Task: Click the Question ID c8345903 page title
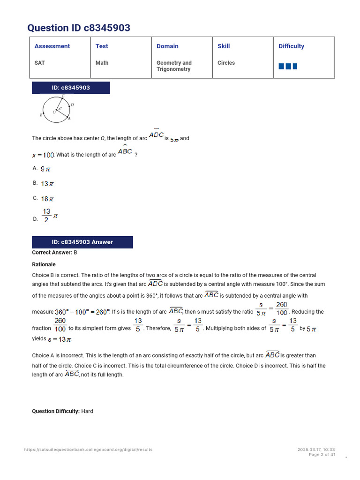(79, 28)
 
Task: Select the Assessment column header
(52, 46)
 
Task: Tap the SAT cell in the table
(40, 63)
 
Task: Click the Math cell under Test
(102, 63)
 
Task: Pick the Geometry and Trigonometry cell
(174, 66)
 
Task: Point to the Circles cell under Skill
(226, 63)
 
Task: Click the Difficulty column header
(291, 46)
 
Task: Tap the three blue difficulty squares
(288, 67)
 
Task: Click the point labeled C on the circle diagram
(63, 96)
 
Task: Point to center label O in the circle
(54, 112)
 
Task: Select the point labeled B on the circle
(41, 115)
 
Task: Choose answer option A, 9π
(45, 169)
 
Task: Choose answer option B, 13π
(47, 184)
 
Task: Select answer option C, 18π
(47, 199)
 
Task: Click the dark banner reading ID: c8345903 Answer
(82, 242)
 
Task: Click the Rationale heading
(44, 264)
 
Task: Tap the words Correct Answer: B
(54, 253)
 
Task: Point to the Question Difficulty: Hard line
(62, 411)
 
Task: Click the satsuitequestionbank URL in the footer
(88, 450)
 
